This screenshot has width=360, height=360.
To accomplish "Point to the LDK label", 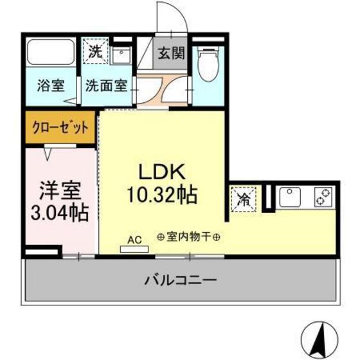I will [x=163, y=172].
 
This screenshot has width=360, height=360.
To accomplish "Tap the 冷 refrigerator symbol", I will [x=244, y=198].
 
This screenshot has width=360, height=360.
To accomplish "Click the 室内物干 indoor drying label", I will [x=190, y=237].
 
